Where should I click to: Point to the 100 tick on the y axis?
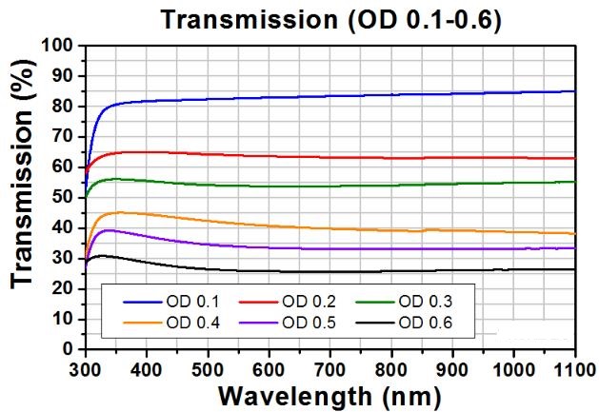59,46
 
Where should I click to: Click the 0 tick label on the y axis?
68,349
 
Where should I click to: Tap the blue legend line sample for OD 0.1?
144,302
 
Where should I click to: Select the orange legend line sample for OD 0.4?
144,324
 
